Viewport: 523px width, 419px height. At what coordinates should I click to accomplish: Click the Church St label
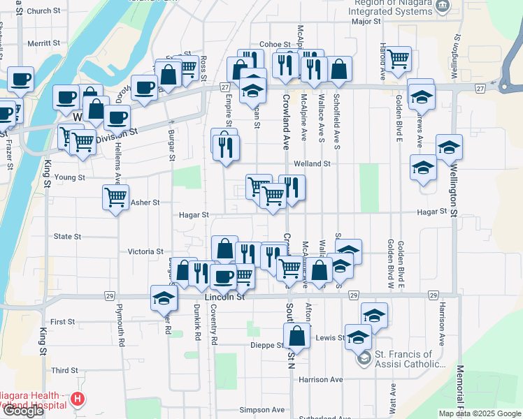(x=44, y=11)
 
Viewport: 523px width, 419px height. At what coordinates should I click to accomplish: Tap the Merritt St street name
(x=44, y=43)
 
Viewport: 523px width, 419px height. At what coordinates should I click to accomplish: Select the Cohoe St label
(x=274, y=44)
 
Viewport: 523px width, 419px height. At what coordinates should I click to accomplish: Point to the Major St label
(x=366, y=22)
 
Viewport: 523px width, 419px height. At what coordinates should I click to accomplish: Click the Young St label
(x=70, y=177)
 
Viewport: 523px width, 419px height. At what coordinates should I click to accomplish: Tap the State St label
(x=68, y=237)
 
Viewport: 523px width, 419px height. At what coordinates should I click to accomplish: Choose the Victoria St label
(x=145, y=251)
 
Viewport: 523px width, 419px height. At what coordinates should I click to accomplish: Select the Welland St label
(x=311, y=163)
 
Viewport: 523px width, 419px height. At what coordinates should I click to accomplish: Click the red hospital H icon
(x=78, y=399)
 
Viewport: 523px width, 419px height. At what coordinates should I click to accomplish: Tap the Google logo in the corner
(x=23, y=411)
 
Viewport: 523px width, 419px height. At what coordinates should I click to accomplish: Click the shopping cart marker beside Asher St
(x=115, y=196)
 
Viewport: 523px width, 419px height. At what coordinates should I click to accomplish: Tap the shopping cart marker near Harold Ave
(x=398, y=58)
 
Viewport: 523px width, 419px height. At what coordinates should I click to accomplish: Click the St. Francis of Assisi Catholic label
(x=410, y=359)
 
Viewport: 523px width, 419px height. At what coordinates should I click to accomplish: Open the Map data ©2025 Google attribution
(x=479, y=413)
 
